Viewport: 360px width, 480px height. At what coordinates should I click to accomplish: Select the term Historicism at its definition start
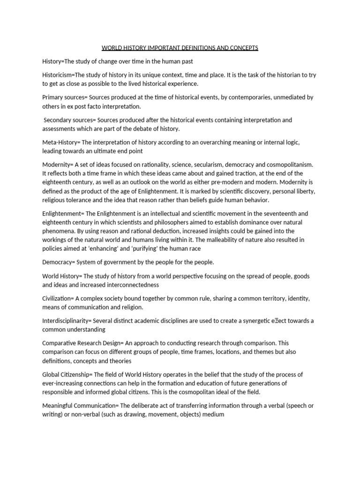point(58,75)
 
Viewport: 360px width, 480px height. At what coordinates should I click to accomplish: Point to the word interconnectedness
point(127,285)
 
